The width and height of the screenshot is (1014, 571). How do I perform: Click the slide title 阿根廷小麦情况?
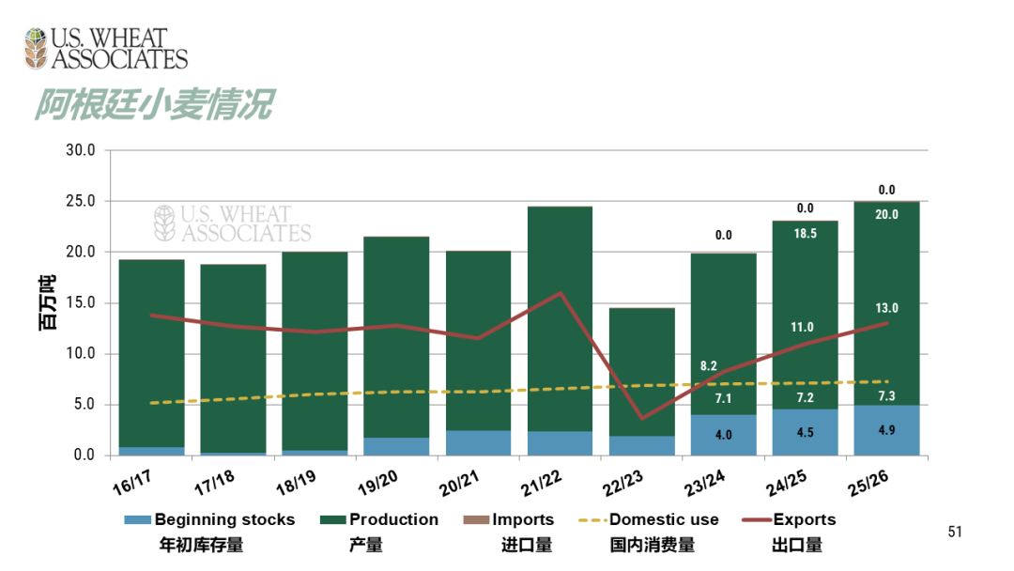154,105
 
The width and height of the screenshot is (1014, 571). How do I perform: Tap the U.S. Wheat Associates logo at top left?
106,49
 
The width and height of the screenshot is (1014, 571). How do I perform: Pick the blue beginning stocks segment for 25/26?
886,431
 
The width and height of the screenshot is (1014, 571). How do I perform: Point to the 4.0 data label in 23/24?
723,435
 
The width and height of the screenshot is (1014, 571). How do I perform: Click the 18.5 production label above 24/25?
805,232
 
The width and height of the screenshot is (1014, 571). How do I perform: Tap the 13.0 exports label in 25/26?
886,308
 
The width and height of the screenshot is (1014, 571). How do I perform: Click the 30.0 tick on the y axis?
80,150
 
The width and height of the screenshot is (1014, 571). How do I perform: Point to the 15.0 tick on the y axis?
80,303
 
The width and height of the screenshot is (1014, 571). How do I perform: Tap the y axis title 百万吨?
47,302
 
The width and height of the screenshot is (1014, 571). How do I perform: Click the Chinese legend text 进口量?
527,546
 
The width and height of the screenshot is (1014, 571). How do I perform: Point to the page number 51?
955,532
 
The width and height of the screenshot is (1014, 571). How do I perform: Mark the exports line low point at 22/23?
641,418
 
